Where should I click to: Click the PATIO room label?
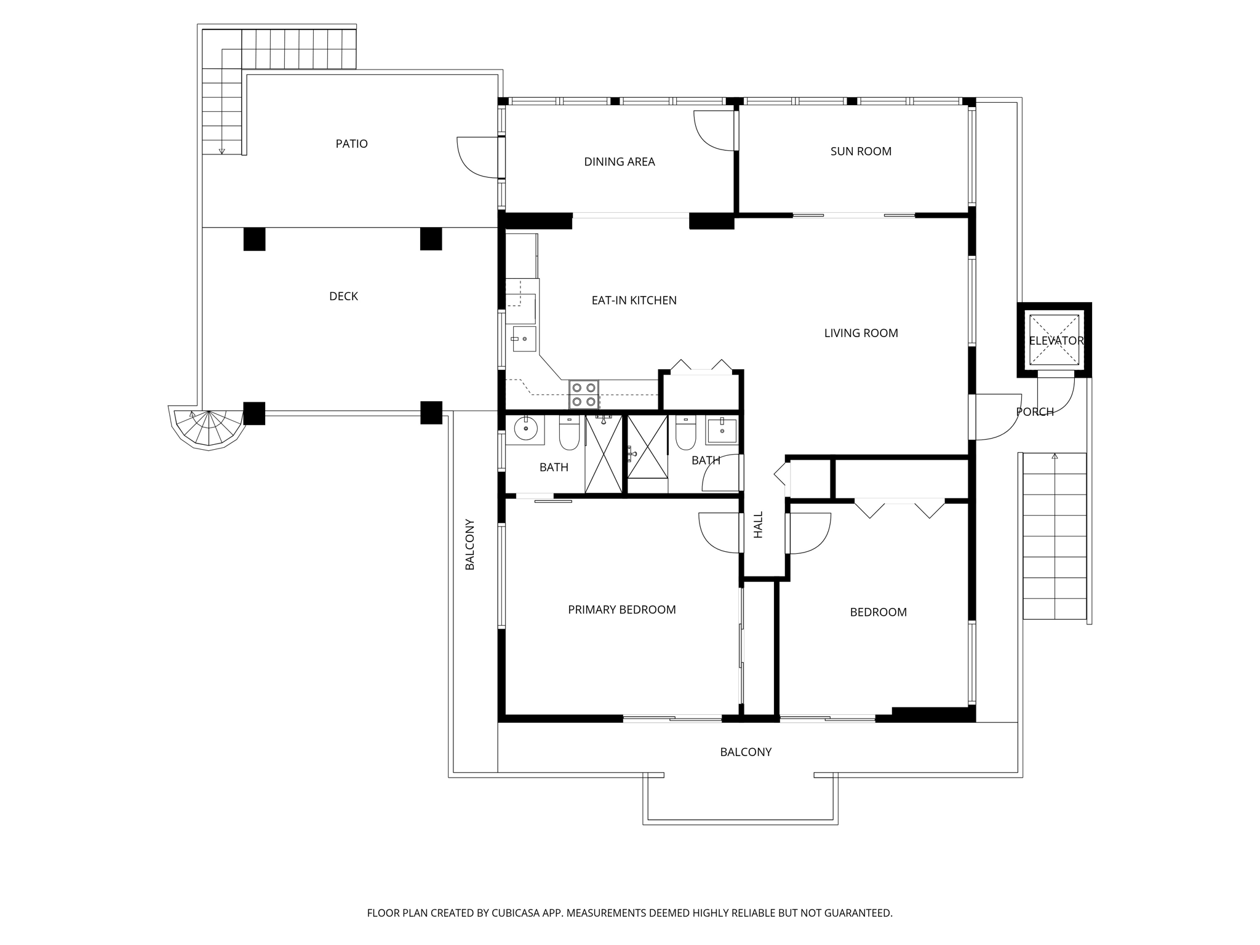pyautogui.click(x=351, y=143)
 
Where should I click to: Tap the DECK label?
pyautogui.click(x=343, y=296)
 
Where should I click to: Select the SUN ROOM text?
pyautogui.click(x=860, y=151)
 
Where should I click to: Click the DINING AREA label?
pyautogui.click(x=619, y=161)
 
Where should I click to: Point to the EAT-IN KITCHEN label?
pyautogui.click(x=634, y=300)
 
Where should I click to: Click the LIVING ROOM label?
pyautogui.click(x=861, y=333)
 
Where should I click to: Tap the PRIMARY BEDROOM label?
pyautogui.click(x=621, y=609)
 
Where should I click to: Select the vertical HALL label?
pyautogui.click(x=758, y=524)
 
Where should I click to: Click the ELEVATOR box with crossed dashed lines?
pyautogui.click(x=1054, y=340)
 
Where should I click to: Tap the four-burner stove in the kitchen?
pyautogui.click(x=583, y=394)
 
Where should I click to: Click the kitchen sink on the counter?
pyautogui.click(x=524, y=339)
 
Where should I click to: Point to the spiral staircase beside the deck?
pyautogui.click(x=208, y=428)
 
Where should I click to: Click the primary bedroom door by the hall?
pyautogui.click(x=720, y=532)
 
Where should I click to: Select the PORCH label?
pyautogui.click(x=1035, y=412)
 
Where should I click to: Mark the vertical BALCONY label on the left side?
pyautogui.click(x=469, y=544)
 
